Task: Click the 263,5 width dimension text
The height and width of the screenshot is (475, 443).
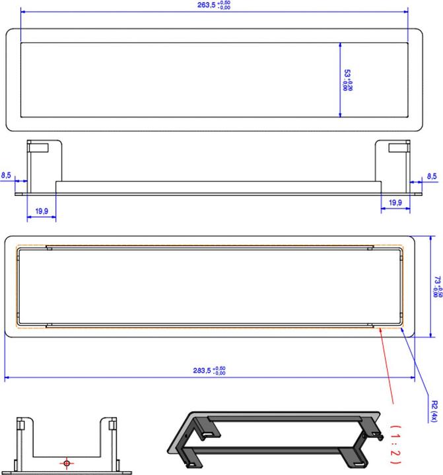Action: pyautogui.click(x=215, y=5)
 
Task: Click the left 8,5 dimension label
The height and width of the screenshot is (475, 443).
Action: pyautogui.click(x=7, y=175)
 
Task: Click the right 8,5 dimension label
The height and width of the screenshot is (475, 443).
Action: pyautogui.click(x=432, y=176)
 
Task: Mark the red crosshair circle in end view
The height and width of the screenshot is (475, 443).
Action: pyautogui.click(x=66, y=463)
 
